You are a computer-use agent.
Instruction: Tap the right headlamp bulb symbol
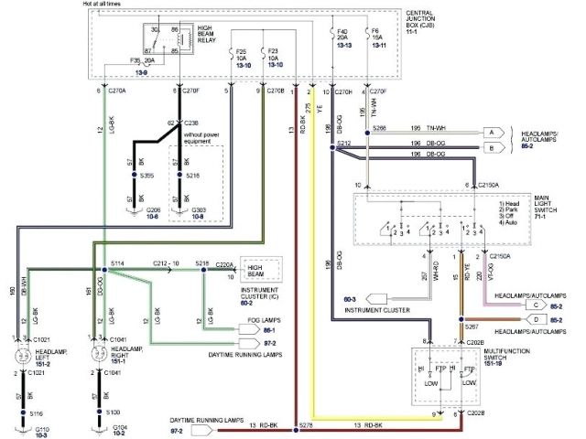pyautogui.click(x=93, y=356)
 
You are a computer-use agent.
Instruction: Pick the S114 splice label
pyautogui.click(x=117, y=263)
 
